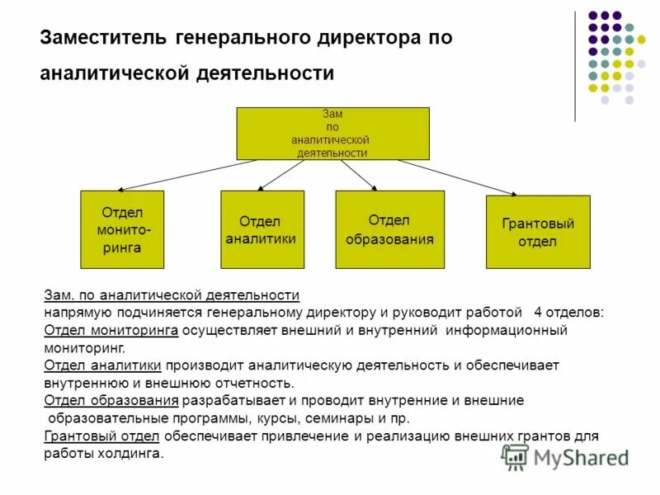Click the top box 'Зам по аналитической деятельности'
point(332,134)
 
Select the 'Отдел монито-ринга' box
point(122,229)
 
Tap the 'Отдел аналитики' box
point(262,229)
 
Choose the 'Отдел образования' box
point(389,229)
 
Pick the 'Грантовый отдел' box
point(538,232)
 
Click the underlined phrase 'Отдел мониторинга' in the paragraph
point(111,330)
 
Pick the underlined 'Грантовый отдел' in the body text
point(103,436)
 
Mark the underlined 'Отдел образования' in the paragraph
point(111,401)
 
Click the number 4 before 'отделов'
point(537,313)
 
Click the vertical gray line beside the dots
point(575,66)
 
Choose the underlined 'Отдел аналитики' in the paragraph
point(103,365)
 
